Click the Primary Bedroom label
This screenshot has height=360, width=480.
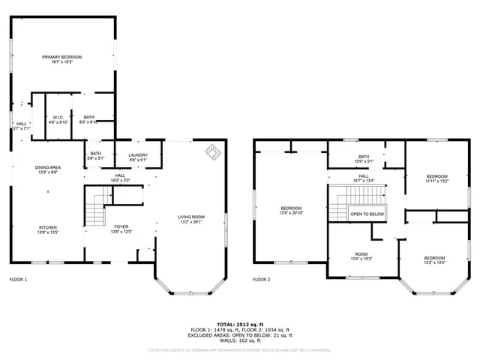click(x=61, y=59)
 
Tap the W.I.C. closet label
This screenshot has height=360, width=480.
click(x=58, y=119)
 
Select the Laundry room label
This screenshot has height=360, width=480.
click(x=138, y=157)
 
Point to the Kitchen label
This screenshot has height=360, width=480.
click(x=47, y=229)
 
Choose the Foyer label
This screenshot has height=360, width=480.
click(x=121, y=228)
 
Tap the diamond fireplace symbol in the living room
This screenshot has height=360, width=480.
click(x=213, y=152)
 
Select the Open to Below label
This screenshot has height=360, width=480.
click(x=367, y=214)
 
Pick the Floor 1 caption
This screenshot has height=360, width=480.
click(x=18, y=280)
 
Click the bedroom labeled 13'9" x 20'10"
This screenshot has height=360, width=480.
click(x=291, y=210)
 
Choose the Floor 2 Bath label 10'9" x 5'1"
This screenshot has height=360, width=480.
click(x=363, y=158)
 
